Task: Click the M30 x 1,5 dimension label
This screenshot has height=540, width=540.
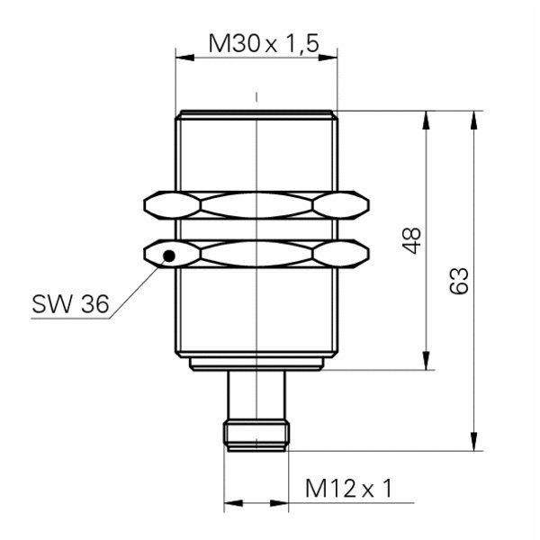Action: pyautogui.click(x=264, y=43)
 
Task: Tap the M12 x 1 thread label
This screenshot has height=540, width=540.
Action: pyautogui.click(x=348, y=489)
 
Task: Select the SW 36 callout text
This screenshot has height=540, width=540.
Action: pyautogui.click(x=70, y=304)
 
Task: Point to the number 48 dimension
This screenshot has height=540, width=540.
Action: pyautogui.click(x=412, y=240)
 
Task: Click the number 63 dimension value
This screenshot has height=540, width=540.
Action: pyautogui.click(x=459, y=281)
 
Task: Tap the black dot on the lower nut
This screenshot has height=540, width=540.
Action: pyautogui.click(x=169, y=256)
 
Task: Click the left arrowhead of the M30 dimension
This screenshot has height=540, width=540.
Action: pyautogui.click(x=184, y=58)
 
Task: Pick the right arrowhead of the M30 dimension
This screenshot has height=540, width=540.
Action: pyautogui.click(x=328, y=58)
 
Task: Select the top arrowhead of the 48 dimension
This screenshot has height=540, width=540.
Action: pyautogui.click(x=427, y=121)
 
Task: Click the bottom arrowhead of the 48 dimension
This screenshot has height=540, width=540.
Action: pyautogui.click(x=427, y=360)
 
